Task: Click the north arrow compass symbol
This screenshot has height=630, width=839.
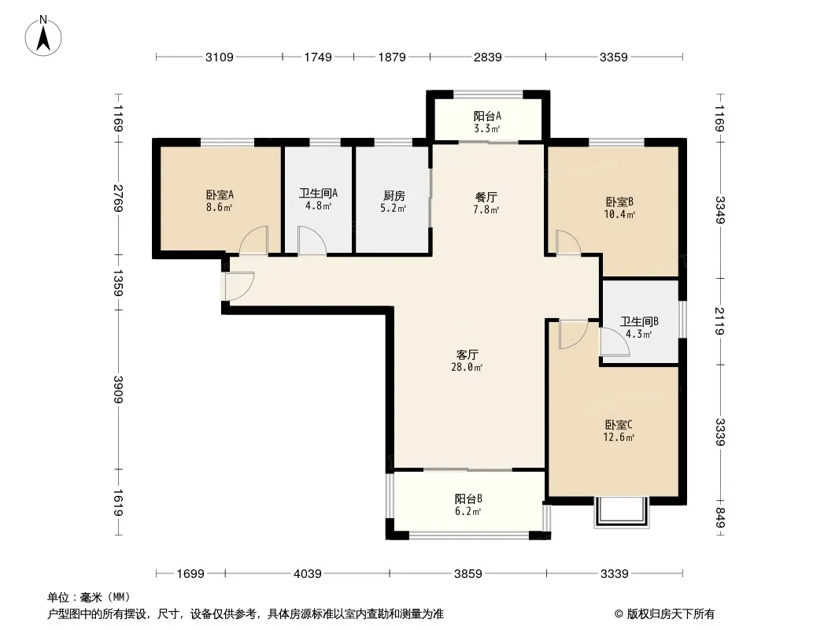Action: pos(43,35)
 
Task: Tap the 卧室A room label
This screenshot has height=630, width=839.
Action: pos(220,195)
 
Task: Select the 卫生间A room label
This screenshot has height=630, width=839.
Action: pos(319,193)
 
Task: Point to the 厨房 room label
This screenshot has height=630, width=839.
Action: pos(394,196)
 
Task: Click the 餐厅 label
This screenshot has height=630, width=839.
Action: pos(486,198)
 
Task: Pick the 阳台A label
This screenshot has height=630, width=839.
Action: pos(487,116)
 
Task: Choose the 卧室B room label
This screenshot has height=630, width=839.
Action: pos(619,202)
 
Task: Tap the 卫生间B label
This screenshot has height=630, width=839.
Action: pos(639,321)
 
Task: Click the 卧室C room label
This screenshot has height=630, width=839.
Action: pos(619,425)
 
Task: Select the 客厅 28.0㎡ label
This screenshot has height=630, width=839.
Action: pos(468,361)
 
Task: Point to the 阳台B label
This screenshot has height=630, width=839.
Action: pos(468,498)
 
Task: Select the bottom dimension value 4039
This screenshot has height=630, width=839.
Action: pos(308,574)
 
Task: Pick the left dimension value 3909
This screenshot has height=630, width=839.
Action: pos(118,390)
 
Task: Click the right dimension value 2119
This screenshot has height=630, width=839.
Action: pos(719,321)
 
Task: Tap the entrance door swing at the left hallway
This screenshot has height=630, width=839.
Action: pos(239,287)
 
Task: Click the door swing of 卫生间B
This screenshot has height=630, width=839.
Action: pos(614,342)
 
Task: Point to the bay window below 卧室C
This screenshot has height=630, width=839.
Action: pos(621,513)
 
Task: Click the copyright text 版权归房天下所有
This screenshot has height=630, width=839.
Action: pos(671,614)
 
